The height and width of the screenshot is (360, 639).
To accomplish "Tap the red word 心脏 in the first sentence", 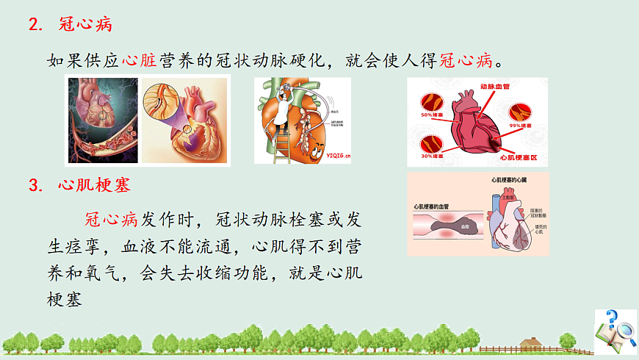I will tap(138, 60).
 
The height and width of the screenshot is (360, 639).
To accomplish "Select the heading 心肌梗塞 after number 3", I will tap(93, 186).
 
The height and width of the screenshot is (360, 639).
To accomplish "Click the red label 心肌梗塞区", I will tap(519, 157).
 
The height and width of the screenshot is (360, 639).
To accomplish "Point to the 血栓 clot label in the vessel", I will tap(464, 228).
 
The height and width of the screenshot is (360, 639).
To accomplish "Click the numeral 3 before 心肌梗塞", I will tap(32, 186).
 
